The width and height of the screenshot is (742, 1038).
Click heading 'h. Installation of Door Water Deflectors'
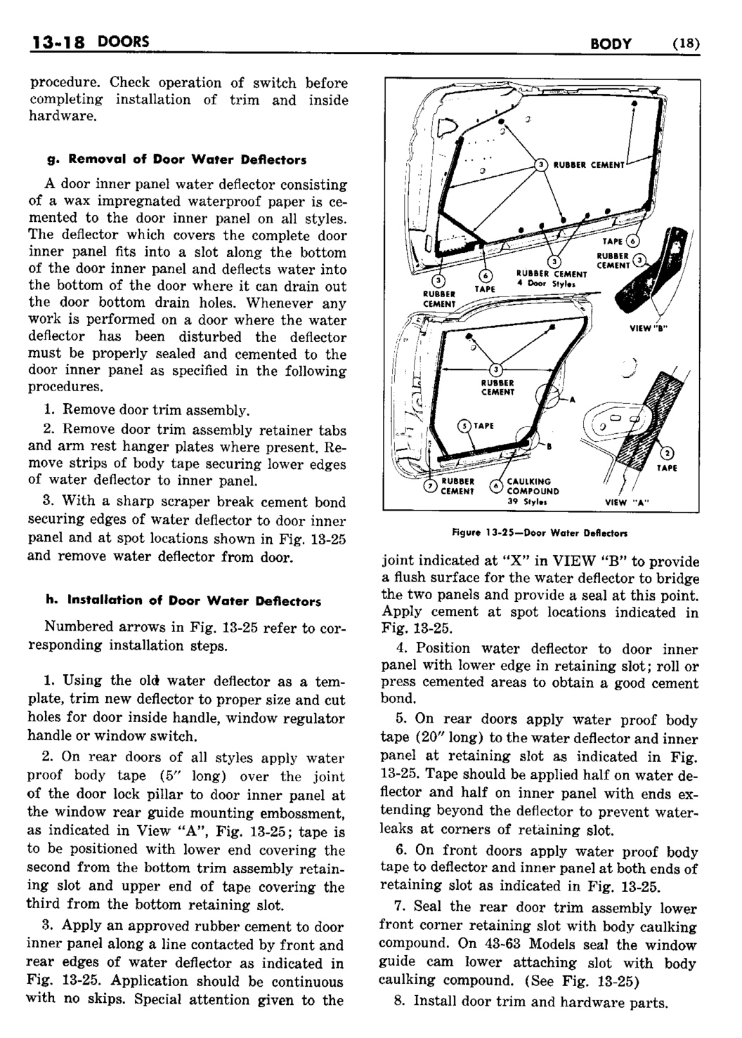coord(183,601)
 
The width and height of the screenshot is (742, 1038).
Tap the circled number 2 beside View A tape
coord(668,451)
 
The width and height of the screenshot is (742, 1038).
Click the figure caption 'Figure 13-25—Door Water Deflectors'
coord(540,533)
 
